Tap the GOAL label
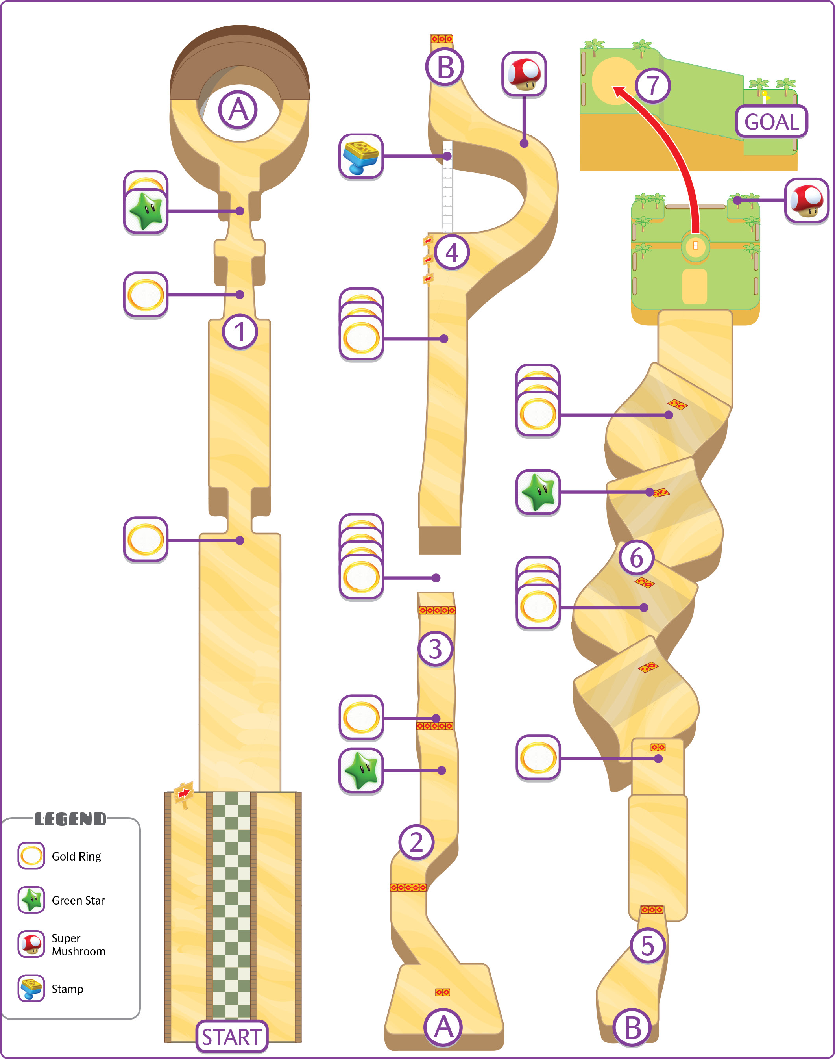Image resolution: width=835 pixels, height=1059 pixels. click(771, 121)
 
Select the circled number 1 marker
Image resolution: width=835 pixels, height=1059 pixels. click(240, 332)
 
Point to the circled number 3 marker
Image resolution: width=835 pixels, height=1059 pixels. click(435, 649)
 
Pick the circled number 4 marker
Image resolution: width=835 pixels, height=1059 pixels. click(452, 252)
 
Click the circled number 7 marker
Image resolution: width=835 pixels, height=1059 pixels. click(653, 85)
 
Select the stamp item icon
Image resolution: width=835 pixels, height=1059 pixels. click(361, 156)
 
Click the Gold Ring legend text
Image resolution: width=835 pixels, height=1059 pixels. click(76, 856)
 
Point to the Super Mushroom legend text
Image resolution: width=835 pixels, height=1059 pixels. click(78, 944)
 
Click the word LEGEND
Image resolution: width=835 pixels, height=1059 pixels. click(70, 819)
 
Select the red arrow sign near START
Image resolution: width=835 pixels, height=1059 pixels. click(184, 792)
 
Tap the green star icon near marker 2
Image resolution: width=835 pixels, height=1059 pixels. click(361, 770)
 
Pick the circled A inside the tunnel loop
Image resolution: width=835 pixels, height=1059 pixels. click(238, 109)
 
